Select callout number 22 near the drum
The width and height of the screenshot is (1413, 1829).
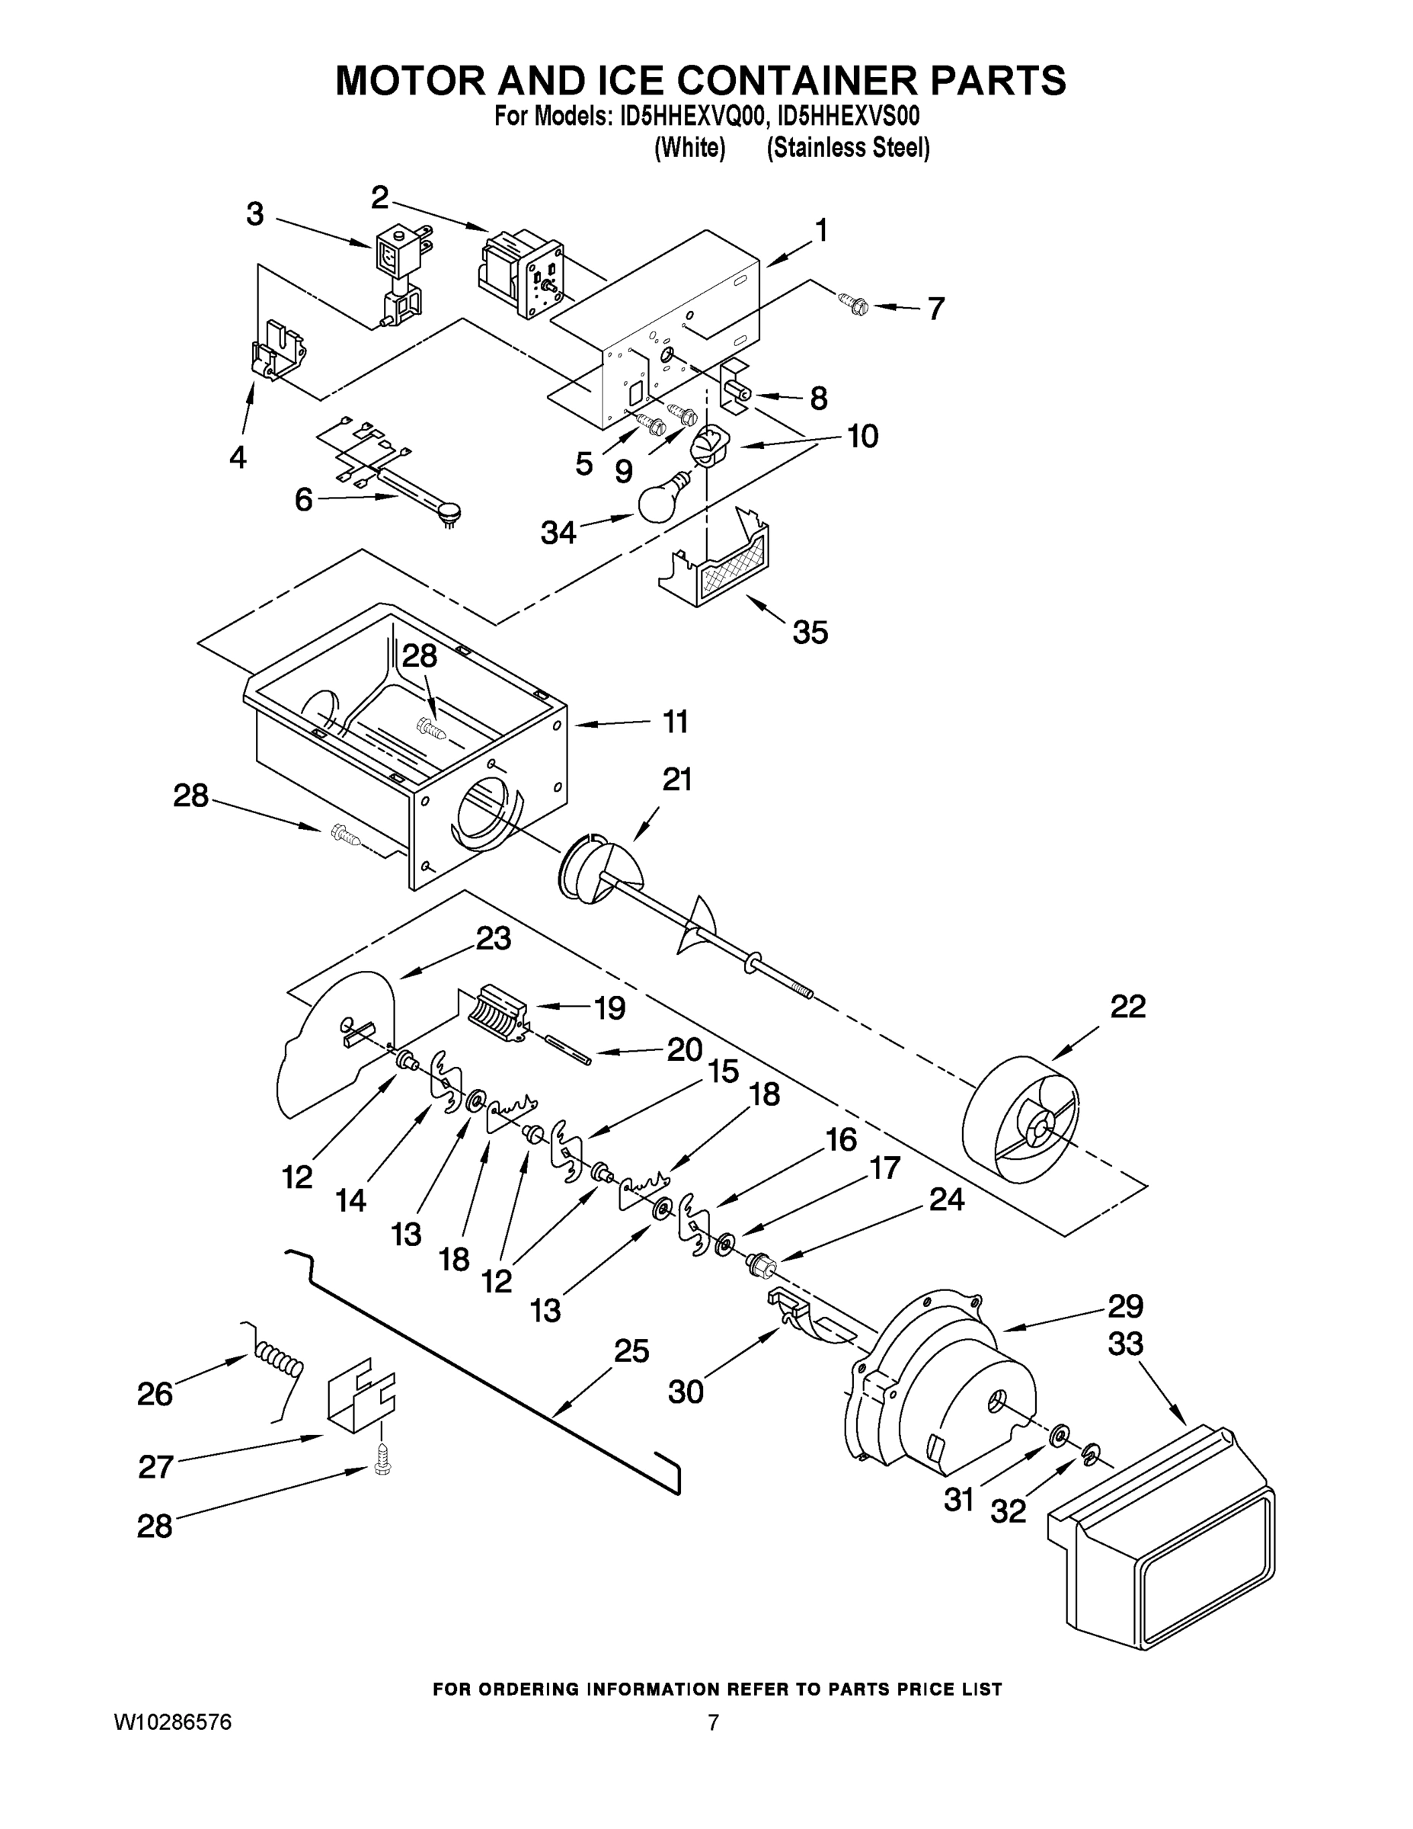[x=1127, y=1006]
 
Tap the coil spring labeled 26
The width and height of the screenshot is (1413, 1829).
[x=279, y=1361]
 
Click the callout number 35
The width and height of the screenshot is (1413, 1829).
[x=810, y=633]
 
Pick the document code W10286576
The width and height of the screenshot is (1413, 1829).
[x=172, y=1722]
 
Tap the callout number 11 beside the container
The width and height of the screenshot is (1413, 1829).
[x=675, y=721]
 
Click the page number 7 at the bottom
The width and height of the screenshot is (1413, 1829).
[x=713, y=1722]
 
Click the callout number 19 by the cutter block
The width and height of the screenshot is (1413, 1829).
[x=609, y=1008]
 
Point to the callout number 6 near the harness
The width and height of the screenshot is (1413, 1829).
[x=303, y=500]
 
